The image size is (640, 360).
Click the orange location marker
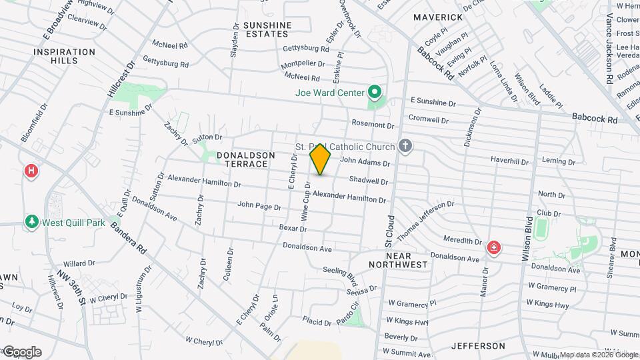321,159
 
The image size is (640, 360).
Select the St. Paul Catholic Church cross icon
405,146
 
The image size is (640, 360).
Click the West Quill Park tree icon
31,221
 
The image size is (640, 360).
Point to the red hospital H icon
31,171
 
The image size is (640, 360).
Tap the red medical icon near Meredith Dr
494,249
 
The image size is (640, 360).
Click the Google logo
21,352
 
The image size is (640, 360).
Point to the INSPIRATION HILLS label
65,56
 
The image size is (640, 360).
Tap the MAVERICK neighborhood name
438,17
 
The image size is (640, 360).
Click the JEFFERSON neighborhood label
478,346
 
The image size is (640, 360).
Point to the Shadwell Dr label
368,181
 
